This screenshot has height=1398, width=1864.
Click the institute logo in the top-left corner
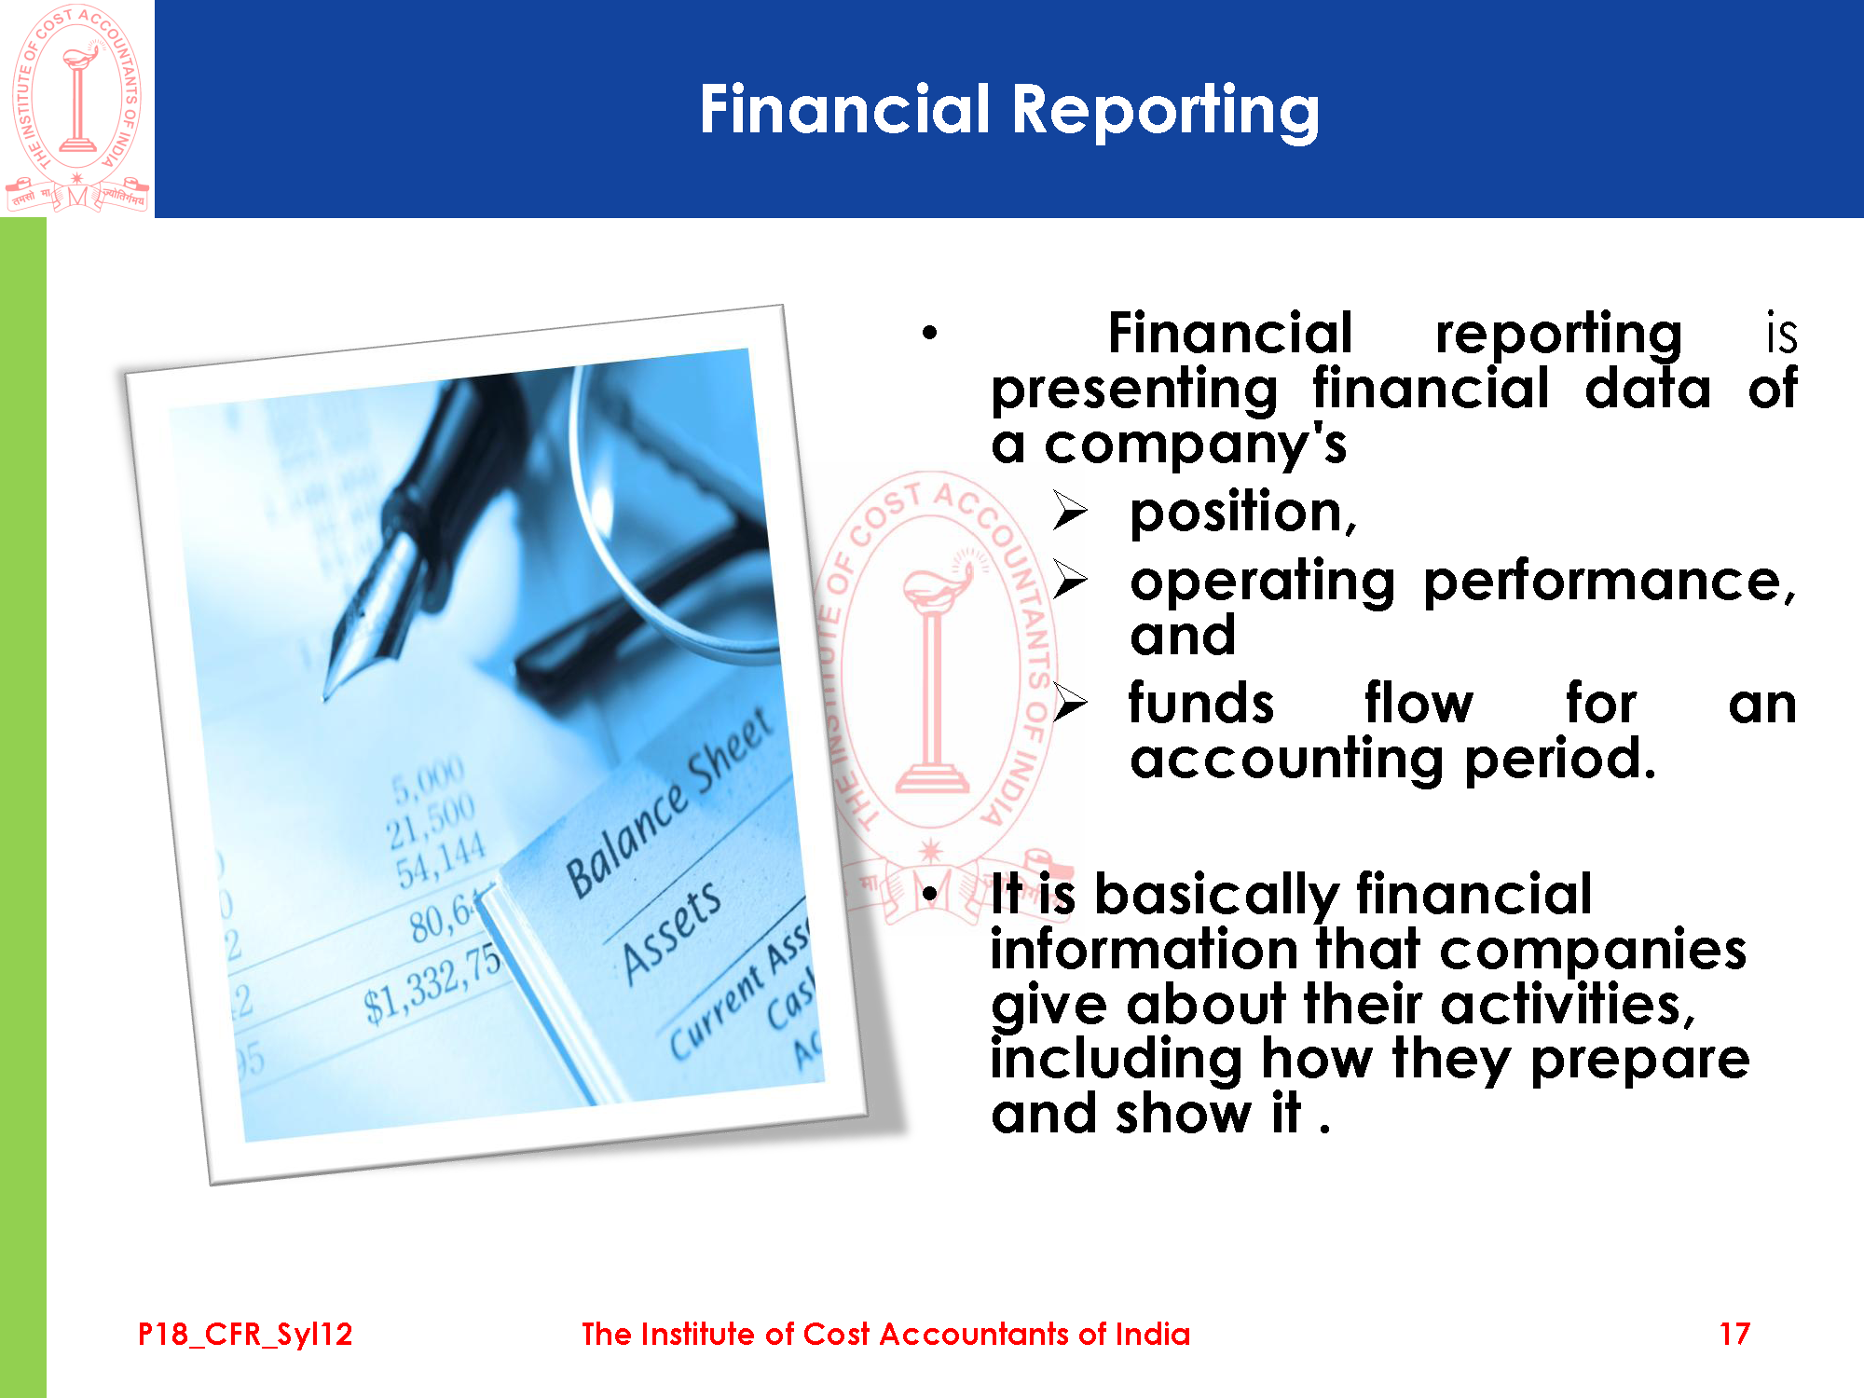pos(76,108)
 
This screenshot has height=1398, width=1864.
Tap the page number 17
pos(1734,1334)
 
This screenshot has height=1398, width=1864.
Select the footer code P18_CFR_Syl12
pos(245,1335)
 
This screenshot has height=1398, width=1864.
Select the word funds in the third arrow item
pos(1200,704)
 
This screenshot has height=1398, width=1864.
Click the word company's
pos(1195,445)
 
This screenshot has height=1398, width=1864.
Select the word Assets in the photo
pos(671,932)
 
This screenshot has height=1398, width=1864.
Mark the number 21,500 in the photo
pos(432,821)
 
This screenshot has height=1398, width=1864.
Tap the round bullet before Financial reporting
pos(929,333)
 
